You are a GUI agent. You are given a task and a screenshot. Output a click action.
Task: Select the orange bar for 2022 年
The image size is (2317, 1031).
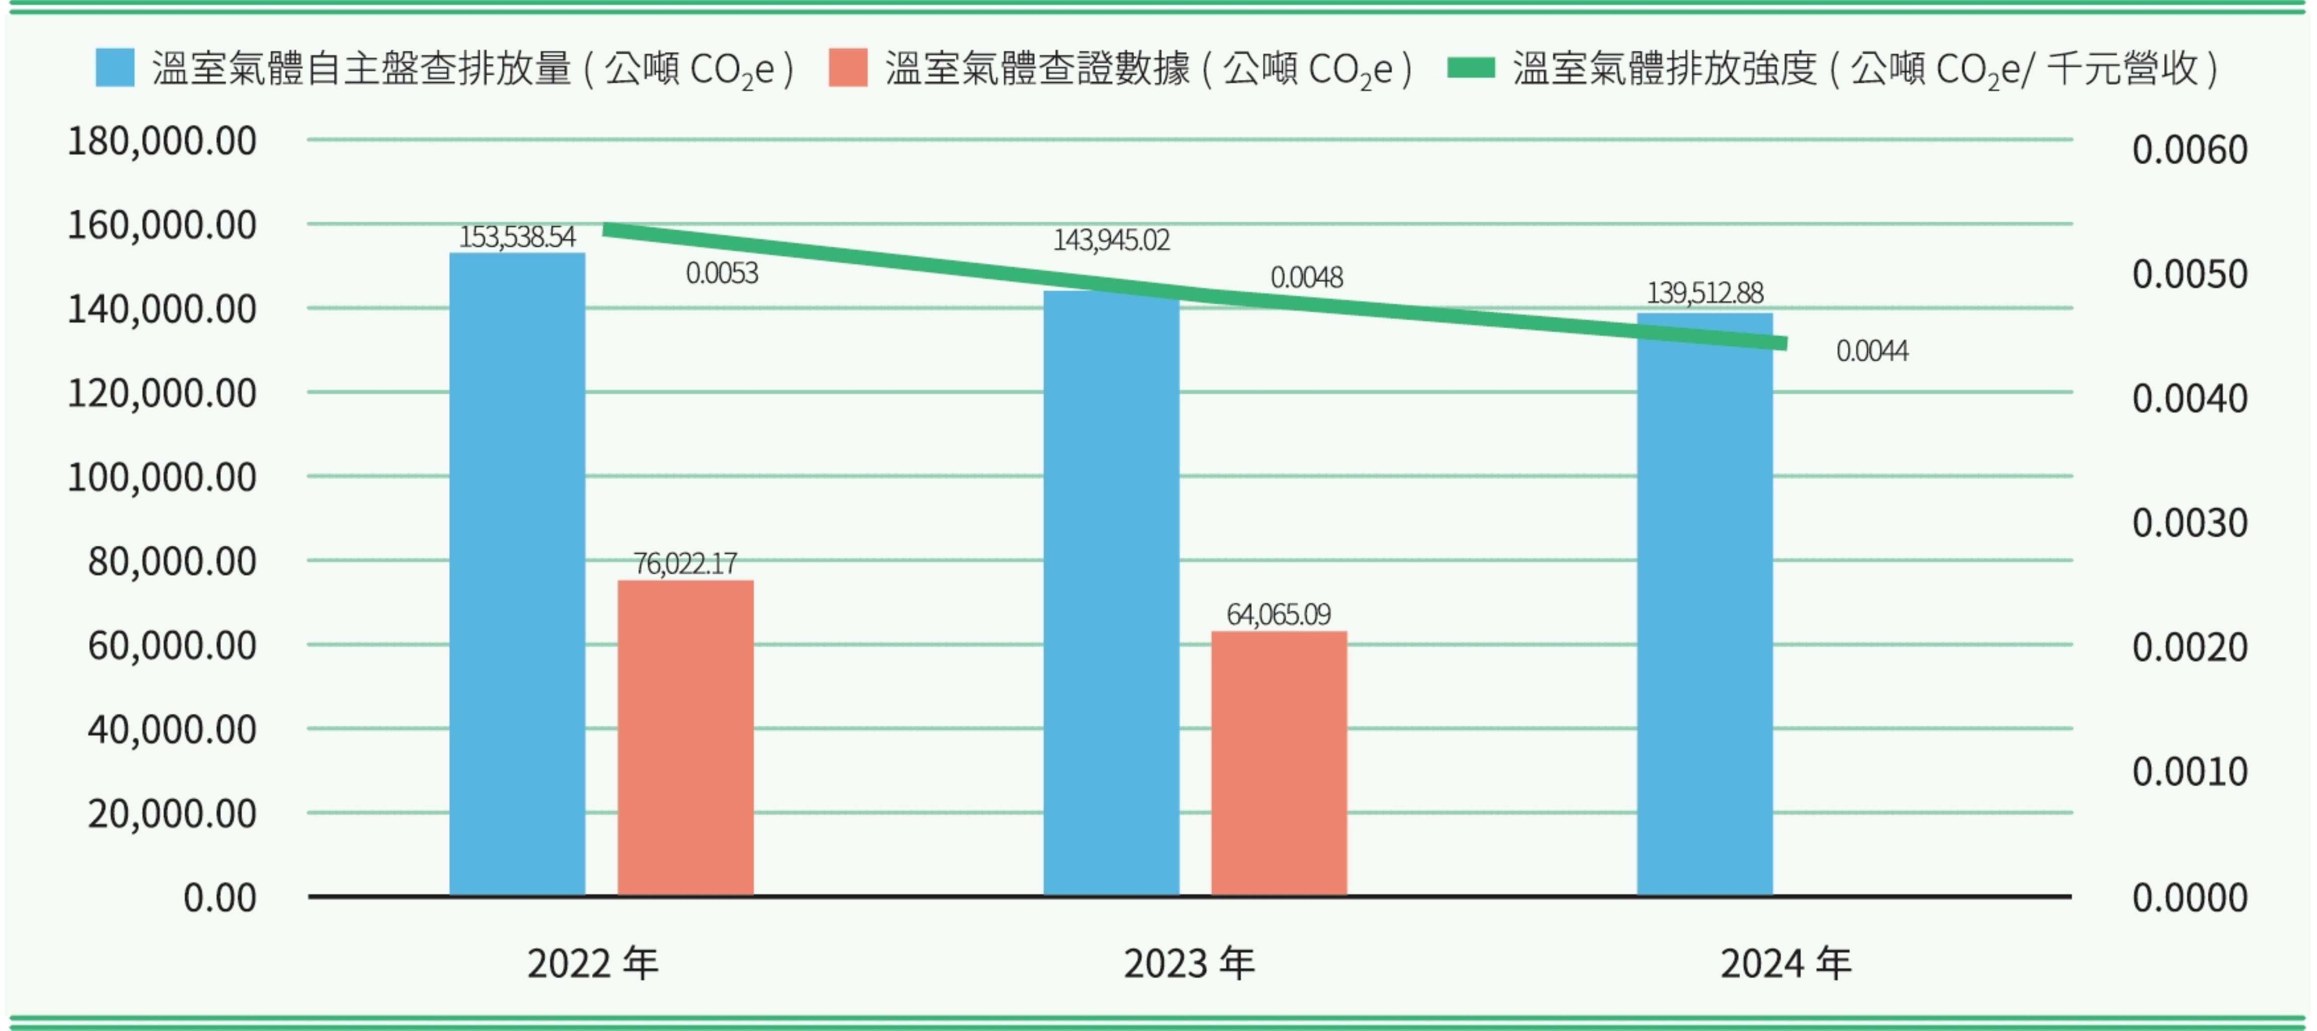686,738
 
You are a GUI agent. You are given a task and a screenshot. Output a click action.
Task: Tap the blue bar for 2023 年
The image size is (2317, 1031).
1111,593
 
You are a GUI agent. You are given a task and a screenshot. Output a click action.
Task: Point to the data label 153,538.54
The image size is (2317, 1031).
517,237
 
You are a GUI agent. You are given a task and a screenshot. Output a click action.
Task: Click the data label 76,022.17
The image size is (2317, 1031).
686,563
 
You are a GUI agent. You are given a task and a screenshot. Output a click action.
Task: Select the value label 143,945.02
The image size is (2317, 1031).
1111,240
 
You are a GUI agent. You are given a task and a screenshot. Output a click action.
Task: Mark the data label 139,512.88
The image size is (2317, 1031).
1704,293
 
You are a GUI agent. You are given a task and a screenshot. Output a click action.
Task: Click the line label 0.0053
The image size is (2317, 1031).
721,272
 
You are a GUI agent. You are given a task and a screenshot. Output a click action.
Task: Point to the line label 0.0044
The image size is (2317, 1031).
1872,351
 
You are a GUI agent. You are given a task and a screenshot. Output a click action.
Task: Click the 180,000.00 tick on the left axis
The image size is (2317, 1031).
162,141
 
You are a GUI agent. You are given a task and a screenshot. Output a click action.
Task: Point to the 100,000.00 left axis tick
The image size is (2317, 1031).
162,477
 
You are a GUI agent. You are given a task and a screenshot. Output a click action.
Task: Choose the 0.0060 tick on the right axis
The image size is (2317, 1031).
2189,150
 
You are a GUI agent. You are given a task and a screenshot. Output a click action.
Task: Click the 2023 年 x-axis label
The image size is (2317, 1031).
1189,964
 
